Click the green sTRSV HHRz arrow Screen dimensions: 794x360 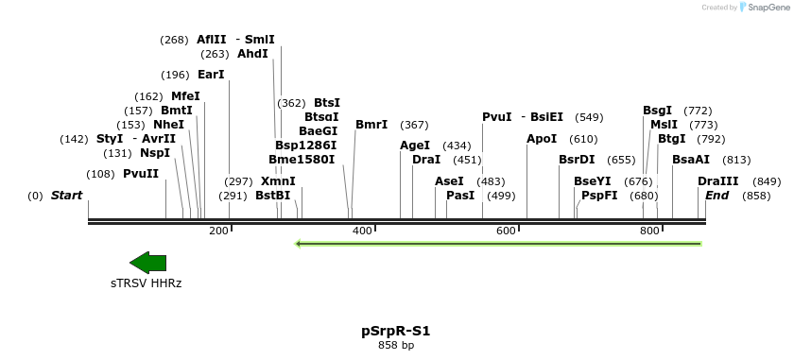click(147, 263)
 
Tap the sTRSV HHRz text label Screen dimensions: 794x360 click(146, 283)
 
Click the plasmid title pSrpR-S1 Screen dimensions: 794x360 click(395, 331)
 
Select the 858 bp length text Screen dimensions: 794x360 click(395, 346)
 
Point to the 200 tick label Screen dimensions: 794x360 click(218, 231)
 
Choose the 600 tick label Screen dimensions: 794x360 click(506, 231)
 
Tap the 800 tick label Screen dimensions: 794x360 click(649, 231)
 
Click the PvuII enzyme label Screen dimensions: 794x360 click(141, 174)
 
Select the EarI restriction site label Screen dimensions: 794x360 click(211, 75)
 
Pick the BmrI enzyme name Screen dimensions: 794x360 click(371, 125)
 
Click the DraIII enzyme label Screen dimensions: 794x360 click(718, 181)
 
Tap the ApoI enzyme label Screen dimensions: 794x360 click(542, 139)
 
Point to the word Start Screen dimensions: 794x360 click(66, 196)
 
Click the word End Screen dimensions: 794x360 click(717, 196)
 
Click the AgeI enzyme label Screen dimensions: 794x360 click(415, 146)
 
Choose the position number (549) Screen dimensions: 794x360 click(589, 117)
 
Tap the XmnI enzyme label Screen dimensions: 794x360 click(278, 181)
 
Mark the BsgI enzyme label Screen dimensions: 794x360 click(658, 111)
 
